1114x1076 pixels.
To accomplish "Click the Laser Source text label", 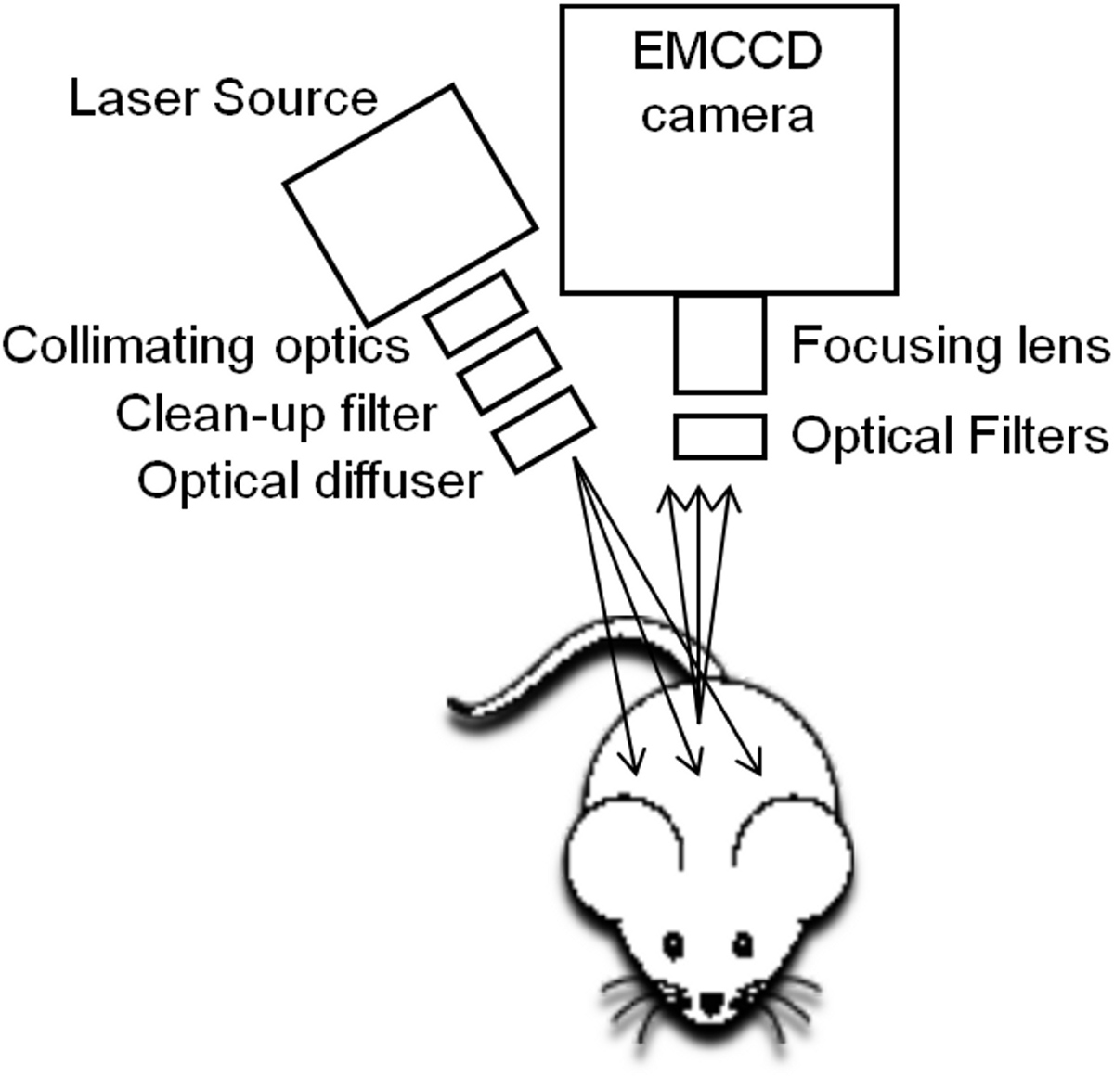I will point(224,99).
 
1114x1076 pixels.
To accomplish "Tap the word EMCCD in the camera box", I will point(727,52).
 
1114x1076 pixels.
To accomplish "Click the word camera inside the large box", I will point(728,117).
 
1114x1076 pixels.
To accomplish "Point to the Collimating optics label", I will point(205,346).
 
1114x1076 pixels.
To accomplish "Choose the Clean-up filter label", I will point(276,415).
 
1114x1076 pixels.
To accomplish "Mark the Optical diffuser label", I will point(310,480).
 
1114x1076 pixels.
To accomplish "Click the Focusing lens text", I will point(950,346).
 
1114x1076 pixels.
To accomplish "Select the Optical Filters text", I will point(950,435).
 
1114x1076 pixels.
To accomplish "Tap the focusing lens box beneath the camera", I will point(719,343).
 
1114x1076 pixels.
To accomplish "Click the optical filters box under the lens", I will point(719,436).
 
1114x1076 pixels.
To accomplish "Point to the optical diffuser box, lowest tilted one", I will point(543,430).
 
